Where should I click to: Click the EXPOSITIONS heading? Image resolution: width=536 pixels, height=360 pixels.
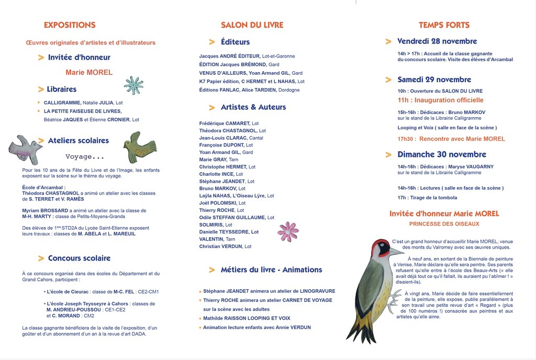(x=70, y=25)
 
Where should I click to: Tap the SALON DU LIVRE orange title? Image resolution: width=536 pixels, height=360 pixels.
(x=252, y=25)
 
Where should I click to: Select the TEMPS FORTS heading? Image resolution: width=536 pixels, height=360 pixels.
(x=444, y=25)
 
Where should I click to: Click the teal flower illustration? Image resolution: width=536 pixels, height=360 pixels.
(x=133, y=85)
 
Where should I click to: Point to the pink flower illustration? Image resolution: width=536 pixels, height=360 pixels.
(x=288, y=231)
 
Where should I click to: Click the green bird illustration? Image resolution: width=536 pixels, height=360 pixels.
(x=140, y=147)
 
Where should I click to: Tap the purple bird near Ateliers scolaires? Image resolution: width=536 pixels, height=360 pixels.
(x=25, y=149)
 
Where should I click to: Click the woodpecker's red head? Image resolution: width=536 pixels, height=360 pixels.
(x=380, y=247)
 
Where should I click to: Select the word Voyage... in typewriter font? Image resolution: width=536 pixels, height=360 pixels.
(x=85, y=157)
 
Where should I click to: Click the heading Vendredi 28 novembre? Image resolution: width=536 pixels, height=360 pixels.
(x=437, y=41)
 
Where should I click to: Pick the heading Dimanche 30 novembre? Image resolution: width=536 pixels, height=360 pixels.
(x=442, y=154)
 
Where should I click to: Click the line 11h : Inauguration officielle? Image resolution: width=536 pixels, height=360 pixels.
(x=440, y=100)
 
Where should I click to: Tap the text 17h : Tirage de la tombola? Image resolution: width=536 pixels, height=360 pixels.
(x=427, y=198)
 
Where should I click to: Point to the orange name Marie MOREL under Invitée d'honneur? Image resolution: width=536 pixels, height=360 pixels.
(x=89, y=73)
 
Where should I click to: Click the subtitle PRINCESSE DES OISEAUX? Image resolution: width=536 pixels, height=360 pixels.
(x=444, y=224)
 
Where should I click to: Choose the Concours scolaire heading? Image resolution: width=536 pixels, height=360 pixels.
(x=79, y=258)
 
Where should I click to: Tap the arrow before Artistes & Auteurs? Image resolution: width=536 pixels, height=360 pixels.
(x=212, y=107)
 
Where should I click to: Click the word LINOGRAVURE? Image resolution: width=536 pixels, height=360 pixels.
(x=317, y=291)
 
